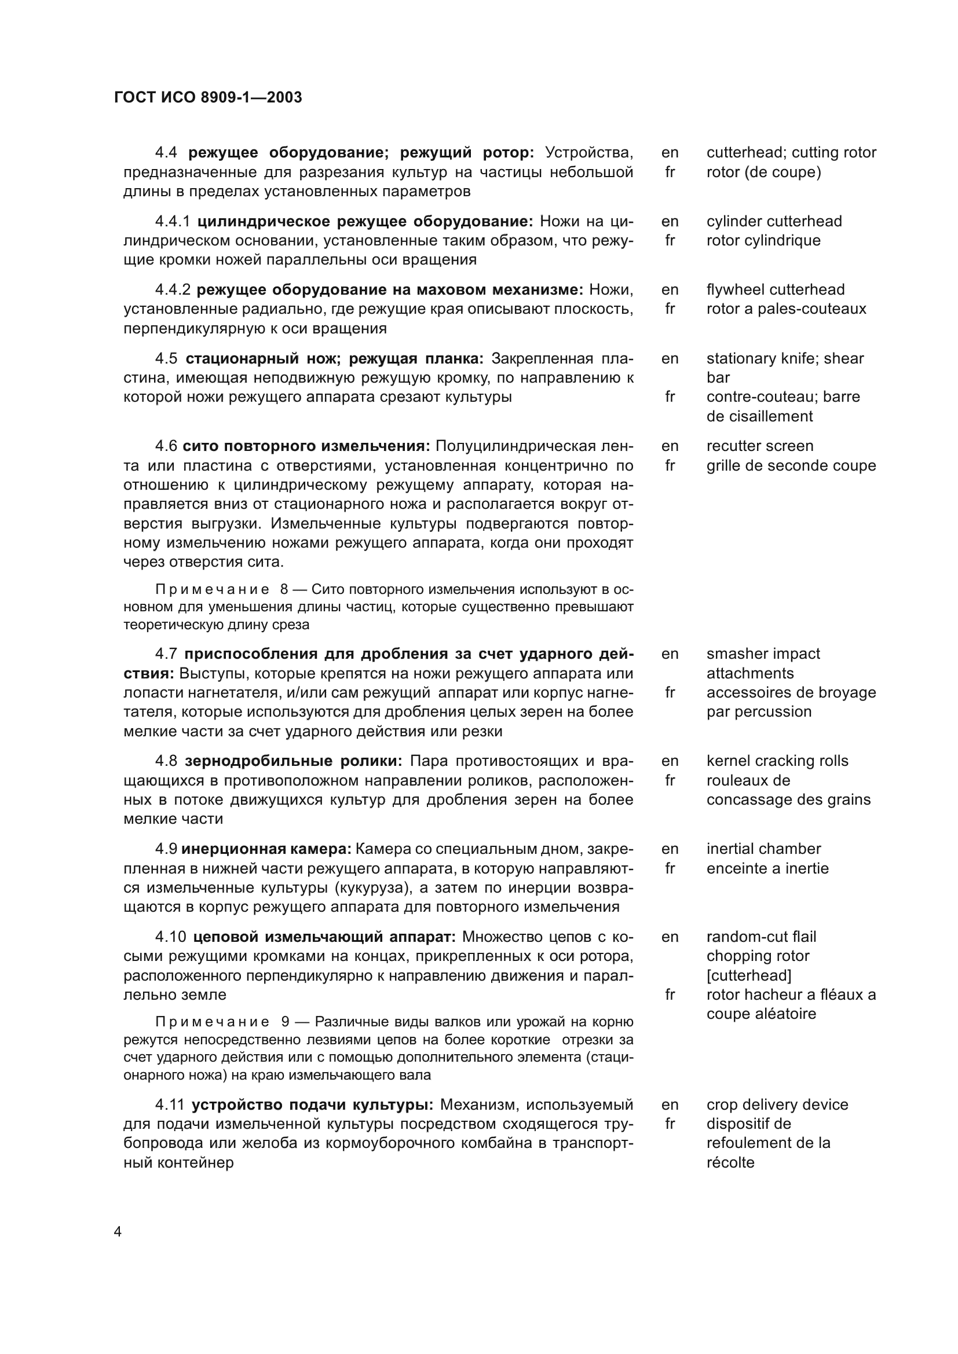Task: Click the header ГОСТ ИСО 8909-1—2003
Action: point(208,97)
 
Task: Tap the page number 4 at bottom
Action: point(118,1231)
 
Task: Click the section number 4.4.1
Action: point(172,222)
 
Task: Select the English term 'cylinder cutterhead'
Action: point(774,222)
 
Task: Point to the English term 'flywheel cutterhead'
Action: point(775,289)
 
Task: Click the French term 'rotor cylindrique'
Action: point(763,241)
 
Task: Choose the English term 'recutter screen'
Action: point(760,446)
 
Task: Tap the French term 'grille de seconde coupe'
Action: point(791,466)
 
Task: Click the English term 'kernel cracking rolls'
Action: point(777,761)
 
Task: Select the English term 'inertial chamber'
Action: point(763,849)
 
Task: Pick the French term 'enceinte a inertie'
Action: point(767,869)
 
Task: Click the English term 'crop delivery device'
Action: point(777,1105)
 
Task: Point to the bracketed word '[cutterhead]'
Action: point(748,975)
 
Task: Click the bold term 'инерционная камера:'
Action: point(266,849)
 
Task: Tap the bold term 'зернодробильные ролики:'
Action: point(293,761)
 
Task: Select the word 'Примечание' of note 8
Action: point(213,590)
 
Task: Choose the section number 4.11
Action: point(170,1105)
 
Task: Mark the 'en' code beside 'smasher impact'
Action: point(670,654)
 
